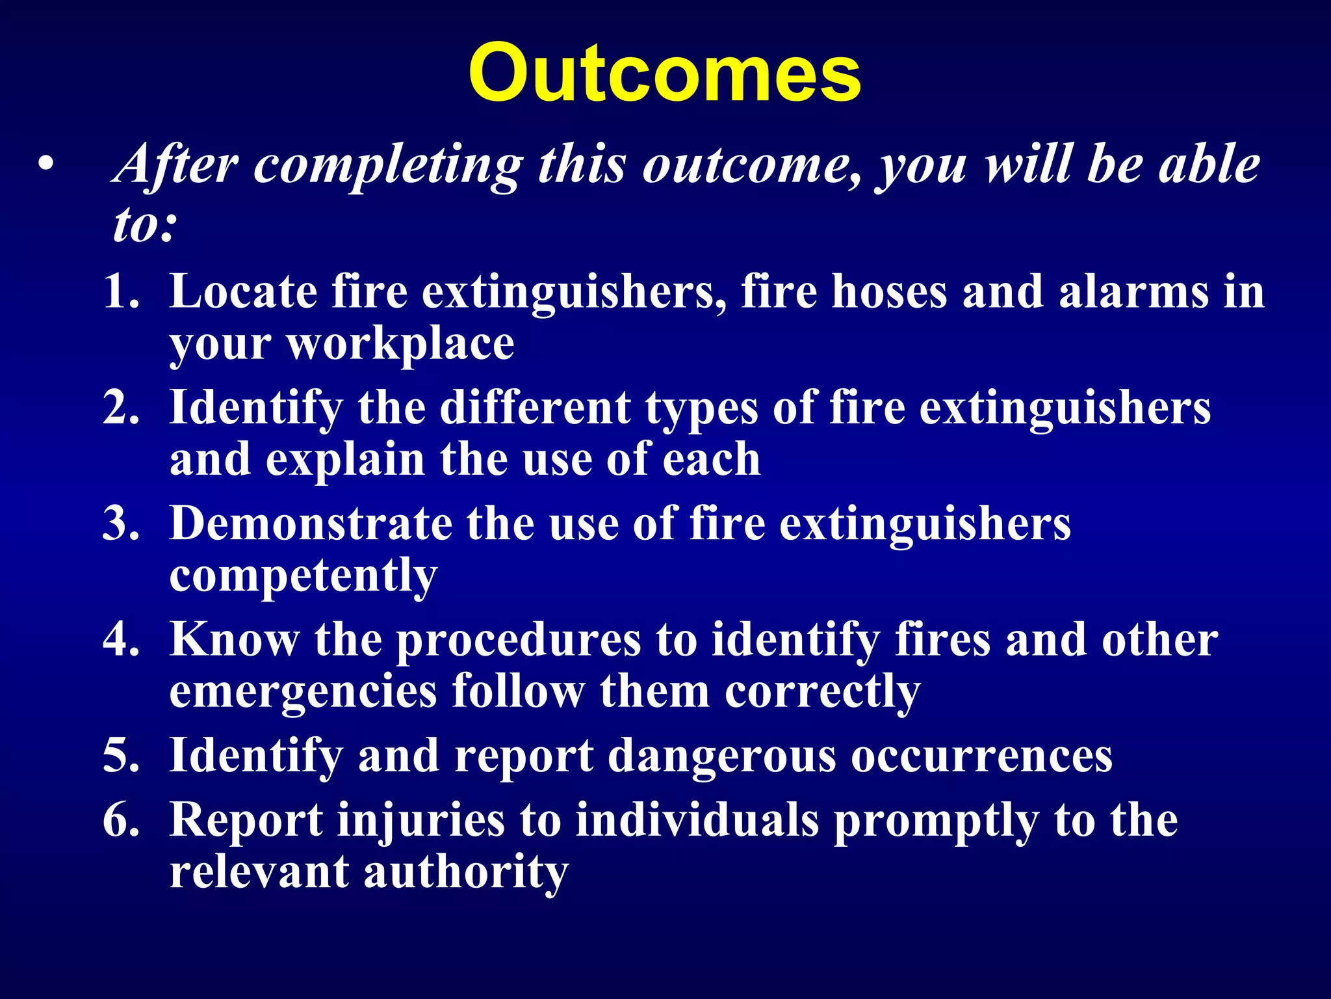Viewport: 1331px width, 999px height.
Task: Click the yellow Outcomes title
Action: point(664,73)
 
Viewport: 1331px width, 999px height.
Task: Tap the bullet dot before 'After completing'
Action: point(44,164)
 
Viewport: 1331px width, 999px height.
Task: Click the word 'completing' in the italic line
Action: point(388,166)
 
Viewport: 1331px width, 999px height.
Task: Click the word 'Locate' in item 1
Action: point(243,291)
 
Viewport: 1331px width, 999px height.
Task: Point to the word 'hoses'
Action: point(889,291)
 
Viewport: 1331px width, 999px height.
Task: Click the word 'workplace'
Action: point(400,345)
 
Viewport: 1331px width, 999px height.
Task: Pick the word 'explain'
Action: point(344,460)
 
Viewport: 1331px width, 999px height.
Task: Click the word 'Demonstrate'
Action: point(311,524)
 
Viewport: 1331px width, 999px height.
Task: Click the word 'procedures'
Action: point(519,641)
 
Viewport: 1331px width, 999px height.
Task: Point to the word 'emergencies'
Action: point(303,692)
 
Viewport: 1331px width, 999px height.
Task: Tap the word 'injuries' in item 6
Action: point(420,821)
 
